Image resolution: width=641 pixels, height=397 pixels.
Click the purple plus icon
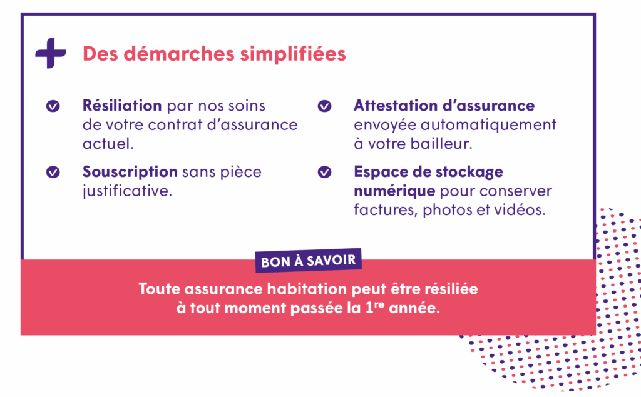point(51,53)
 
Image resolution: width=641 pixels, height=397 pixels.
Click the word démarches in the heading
point(179,54)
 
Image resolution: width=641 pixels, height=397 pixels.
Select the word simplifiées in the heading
point(293,54)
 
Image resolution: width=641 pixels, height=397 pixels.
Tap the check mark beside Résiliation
point(53,106)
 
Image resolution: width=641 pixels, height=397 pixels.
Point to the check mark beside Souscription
point(53,173)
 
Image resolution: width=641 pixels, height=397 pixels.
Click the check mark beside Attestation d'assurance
point(325,106)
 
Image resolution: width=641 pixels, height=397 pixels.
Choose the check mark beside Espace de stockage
point(325,173)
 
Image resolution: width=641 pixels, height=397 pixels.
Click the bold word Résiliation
point(122,106)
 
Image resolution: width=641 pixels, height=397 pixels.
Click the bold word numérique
point(394,191)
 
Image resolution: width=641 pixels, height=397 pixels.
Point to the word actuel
point(108,144)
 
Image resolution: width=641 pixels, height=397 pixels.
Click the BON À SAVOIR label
point(308,261)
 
